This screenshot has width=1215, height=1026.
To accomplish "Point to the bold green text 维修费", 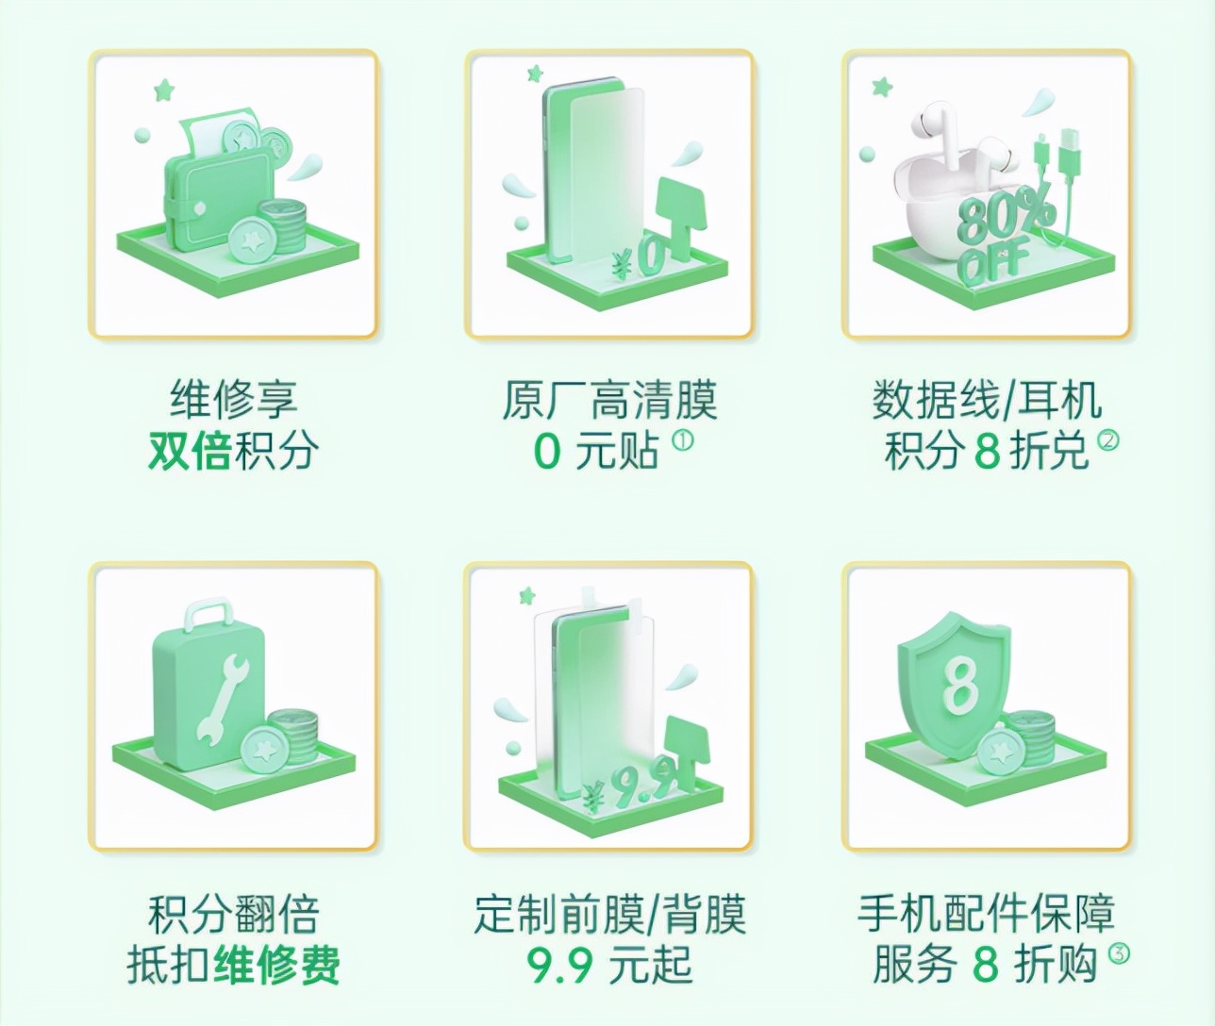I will pos(275,964).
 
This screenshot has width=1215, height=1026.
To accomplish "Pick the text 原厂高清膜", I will pos(609,401).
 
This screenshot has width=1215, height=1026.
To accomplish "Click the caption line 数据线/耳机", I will pos(986,401).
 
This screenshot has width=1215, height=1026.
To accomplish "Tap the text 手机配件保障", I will pos(986,913).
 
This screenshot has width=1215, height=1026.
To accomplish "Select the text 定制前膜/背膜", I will pos(609,913).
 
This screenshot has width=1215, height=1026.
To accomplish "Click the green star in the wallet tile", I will pos(164,91).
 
